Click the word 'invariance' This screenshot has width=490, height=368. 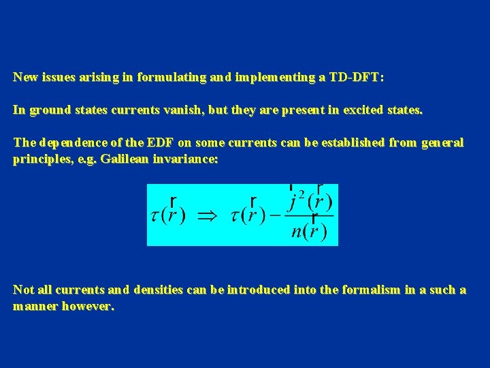click(189, 159)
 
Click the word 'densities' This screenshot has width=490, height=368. click(156, 290)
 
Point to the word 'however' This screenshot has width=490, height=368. click(88, 307)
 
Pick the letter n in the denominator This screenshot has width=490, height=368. click(297, 231)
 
